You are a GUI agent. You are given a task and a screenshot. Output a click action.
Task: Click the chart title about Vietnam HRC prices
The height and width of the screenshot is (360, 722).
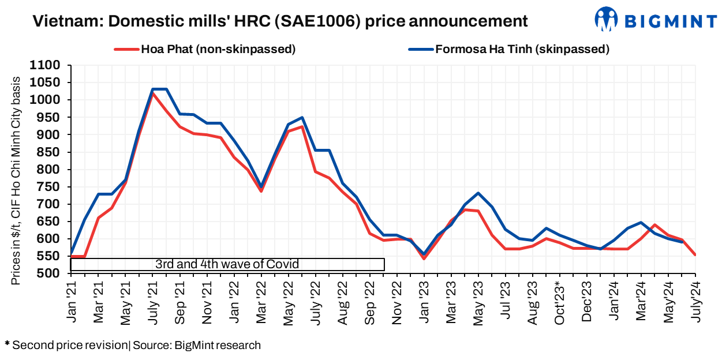point(280,21)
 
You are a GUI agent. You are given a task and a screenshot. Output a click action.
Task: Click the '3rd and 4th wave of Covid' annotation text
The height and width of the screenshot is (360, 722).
point(227,264)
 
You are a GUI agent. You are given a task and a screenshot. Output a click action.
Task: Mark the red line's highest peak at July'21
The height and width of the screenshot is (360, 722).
point(152,93)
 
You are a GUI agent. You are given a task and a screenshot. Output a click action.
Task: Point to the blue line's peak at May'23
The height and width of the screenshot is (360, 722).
point(478,193)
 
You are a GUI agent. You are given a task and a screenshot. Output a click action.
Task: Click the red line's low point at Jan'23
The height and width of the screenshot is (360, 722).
point(424,258)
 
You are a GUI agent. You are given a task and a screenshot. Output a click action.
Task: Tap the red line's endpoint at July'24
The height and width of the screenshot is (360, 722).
point(695,254)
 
